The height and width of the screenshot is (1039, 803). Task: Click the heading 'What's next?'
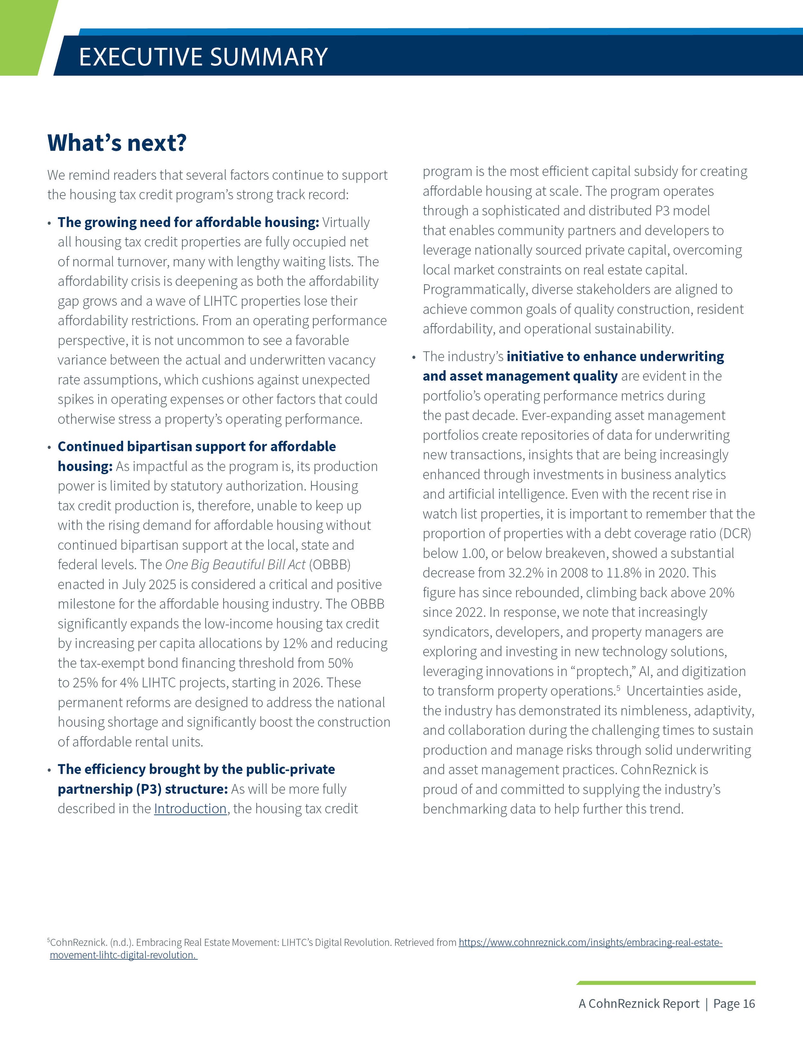(x=117, y=143)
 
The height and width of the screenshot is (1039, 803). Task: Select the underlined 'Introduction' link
(x=190, y=809)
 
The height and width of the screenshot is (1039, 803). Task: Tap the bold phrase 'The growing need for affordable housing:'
(x=188, y=222)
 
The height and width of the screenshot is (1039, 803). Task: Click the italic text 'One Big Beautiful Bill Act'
(x=235, y=565)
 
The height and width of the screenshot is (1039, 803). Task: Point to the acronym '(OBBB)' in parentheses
(x=330, y=565)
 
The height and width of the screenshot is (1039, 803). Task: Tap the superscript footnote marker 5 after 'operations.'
(x=618, y=687)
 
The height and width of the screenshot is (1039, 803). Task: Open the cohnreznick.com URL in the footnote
(x=590, y=942)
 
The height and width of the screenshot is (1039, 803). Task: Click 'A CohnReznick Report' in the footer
(x=639, y=1004)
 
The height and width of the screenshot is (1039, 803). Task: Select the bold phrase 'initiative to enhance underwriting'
(x=615, y=356)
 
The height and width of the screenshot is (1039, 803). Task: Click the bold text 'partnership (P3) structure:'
(x=143, y=789)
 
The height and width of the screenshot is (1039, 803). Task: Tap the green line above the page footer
(x=666, y=983)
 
